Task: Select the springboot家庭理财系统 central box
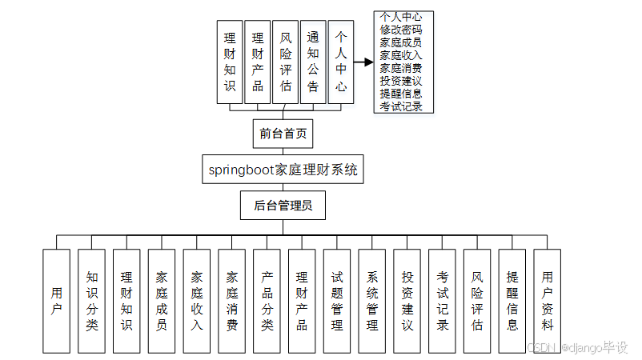(x=283, y=170)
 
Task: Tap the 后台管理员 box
(x=283, y=205)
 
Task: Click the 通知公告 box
(x=313, y=62)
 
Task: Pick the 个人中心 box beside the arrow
(x=341, y=62)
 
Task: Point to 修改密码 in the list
(x=402, y=30)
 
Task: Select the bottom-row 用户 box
(x=56, y=300)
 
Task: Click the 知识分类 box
(x=91, y=300)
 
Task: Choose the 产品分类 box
(x=267, y=300)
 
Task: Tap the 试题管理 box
(x=337, y=300)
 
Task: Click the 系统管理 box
(x=372, y=300)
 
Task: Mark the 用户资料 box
(x=548, y=300)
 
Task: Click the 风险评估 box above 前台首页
(x=285, y=62)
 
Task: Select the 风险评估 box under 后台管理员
(x=477, y=300)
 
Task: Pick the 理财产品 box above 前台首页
(x=257, y=62)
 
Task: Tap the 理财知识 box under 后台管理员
(x=126, y=300)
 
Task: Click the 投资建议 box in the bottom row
(x=407, y=300)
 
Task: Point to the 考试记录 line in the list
(x=402, y=106)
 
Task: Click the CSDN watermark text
(x=543, y=347)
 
